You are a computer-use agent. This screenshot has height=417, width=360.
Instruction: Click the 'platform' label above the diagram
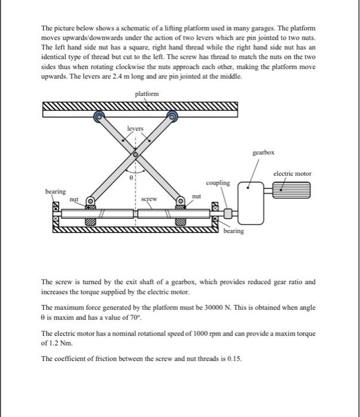[x=147, y=94]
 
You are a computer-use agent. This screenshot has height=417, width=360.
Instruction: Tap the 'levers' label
[x=135, y=129]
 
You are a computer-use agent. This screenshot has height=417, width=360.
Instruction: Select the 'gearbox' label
[x=263, y=153]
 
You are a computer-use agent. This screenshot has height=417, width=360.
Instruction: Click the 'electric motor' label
[x=292, y=173]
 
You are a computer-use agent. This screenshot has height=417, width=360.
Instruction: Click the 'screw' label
[x=150, y=199]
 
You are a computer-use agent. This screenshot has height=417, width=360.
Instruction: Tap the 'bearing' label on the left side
[x=55, y=191]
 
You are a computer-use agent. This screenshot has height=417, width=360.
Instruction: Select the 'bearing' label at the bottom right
[x=234, y=231]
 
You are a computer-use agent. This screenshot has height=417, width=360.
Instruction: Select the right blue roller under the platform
[x=173, y=117]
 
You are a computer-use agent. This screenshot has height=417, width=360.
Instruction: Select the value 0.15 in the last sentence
[x=235, y=359]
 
